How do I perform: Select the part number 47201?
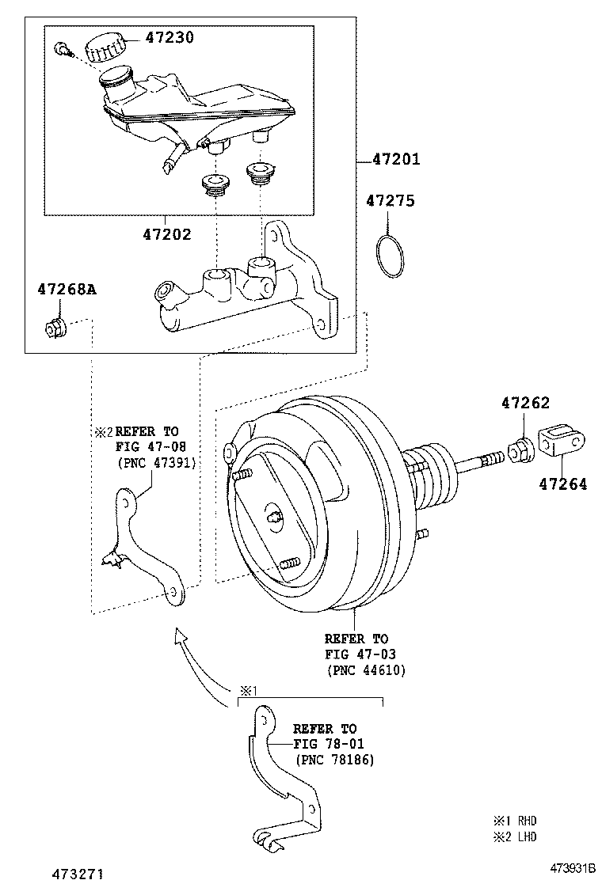point(396,160)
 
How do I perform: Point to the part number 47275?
point(390,201)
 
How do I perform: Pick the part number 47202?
point(167,234)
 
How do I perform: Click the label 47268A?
point(66,290)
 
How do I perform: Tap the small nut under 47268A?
point(55,326)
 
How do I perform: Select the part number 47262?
point(524,403)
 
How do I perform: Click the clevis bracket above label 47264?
point(563,442)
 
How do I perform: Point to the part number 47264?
point(564,484)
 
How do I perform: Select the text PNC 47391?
point(156,462)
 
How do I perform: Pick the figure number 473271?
point(78,872)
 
